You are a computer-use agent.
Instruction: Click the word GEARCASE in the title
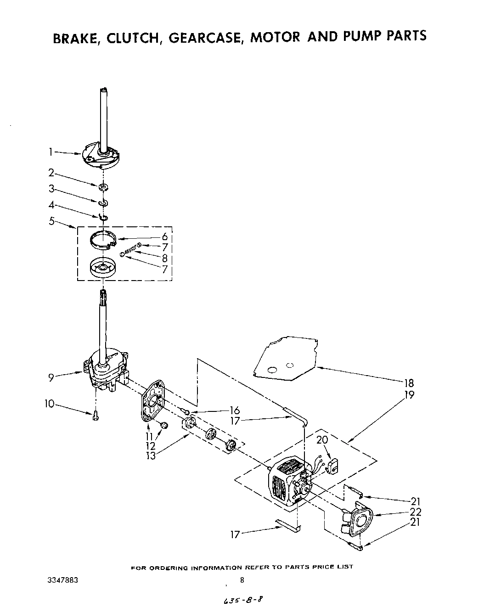click(206, 37)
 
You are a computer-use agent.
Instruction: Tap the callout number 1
click(52, 152)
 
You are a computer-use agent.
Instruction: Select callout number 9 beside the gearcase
click(51, 377)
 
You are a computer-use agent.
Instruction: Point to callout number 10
click(49, 404)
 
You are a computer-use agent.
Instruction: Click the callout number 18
click(408, 383)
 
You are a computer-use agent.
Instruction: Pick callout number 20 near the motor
click(322, 439)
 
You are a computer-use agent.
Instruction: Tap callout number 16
click(235, 411)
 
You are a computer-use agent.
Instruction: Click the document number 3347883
click(62, 580)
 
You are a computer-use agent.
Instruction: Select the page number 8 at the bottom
click(242, 580)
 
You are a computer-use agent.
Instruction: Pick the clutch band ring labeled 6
click(101, 240)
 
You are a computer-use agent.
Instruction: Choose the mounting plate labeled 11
click(153, 399)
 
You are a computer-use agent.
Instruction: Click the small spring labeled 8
click(130, 250)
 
